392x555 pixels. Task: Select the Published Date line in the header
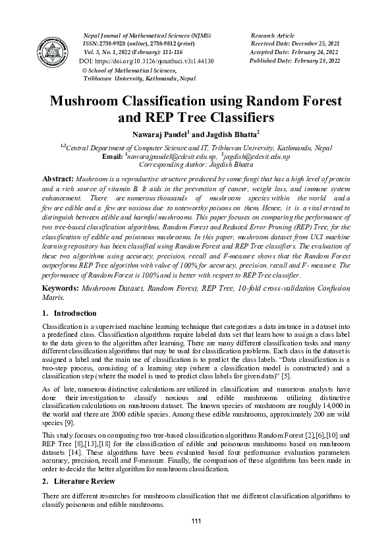pos(294,61)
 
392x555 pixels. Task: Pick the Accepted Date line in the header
pos(294,51)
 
